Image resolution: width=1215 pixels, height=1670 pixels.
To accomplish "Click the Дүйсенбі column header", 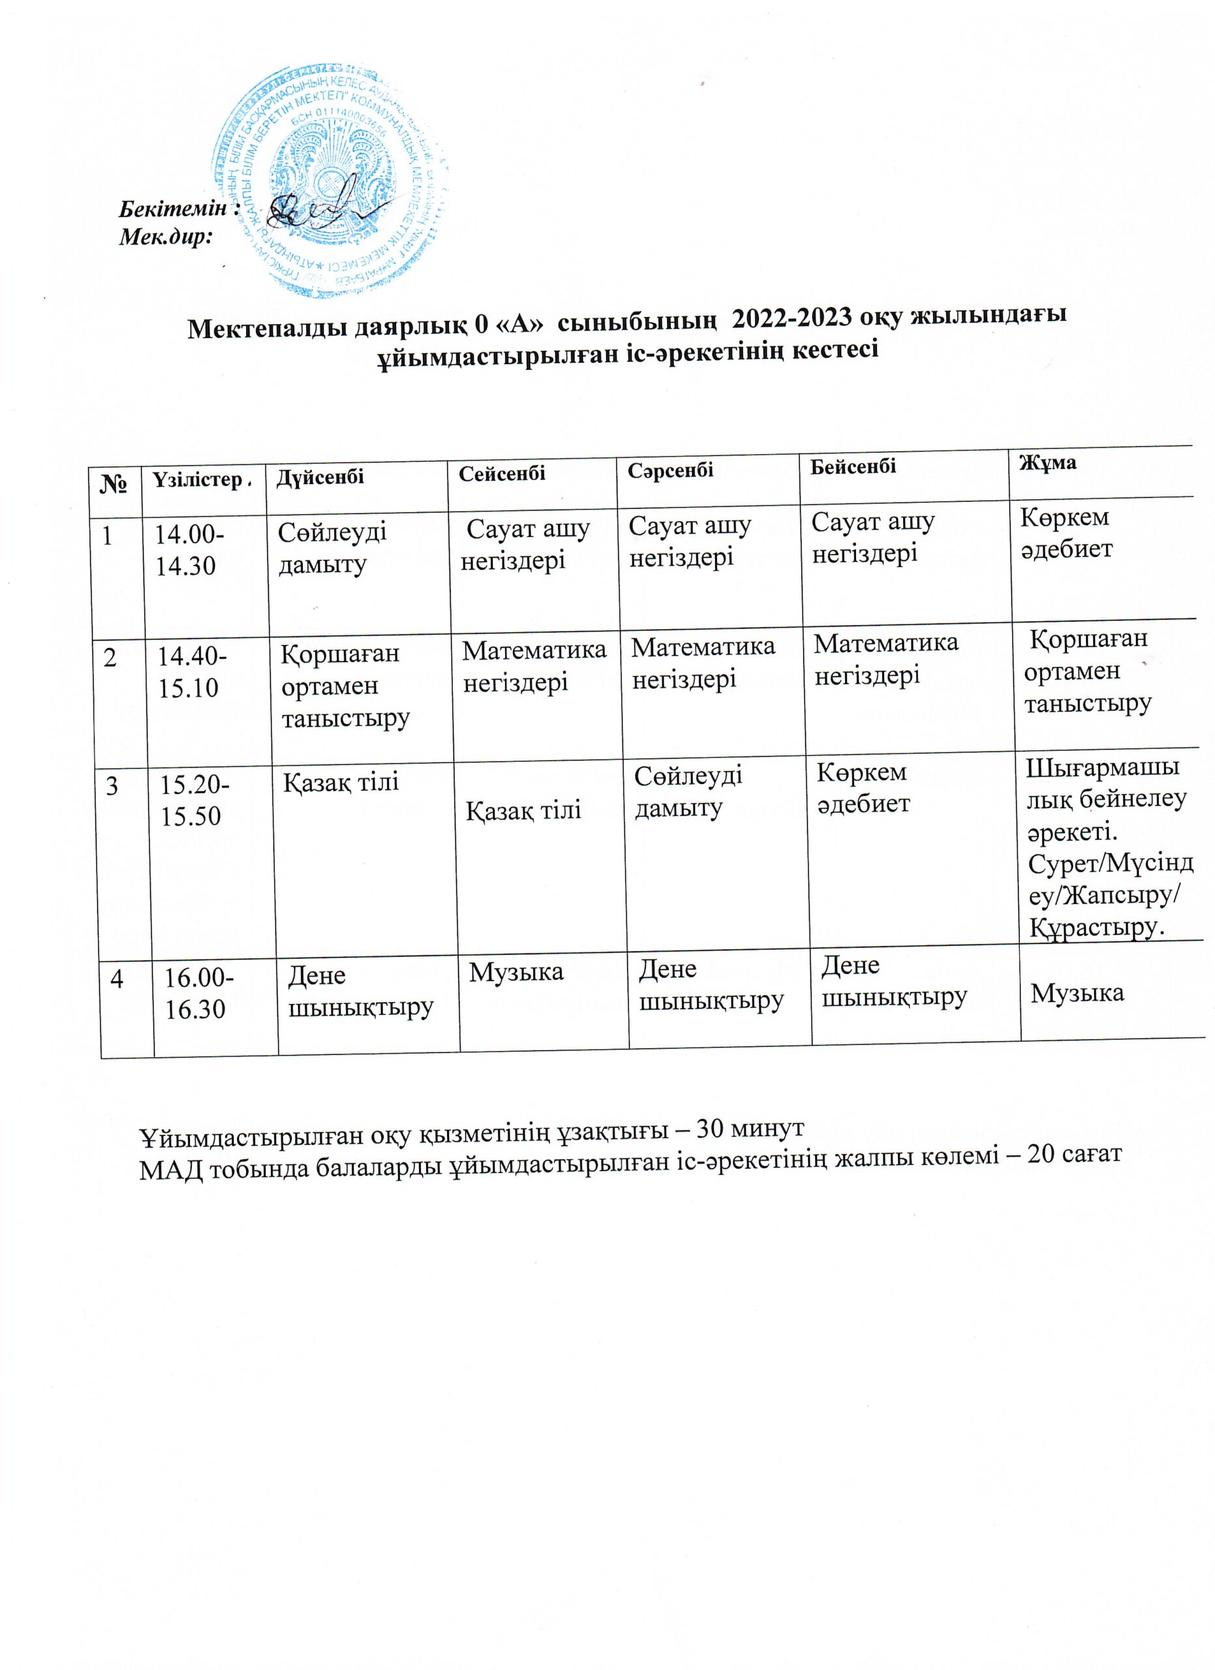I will tap(320, 476).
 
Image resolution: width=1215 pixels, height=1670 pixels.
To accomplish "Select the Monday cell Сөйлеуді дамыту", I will tap(332, 548).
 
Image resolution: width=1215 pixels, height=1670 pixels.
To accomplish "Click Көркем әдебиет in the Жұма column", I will tap(1066, 532).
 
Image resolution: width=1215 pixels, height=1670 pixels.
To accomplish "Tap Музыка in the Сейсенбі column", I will tap(516, 972).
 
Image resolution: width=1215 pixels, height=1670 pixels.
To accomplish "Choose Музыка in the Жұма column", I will tap(1077, 994).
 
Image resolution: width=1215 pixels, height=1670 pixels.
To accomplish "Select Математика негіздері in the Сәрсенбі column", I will tap(703, 661).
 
